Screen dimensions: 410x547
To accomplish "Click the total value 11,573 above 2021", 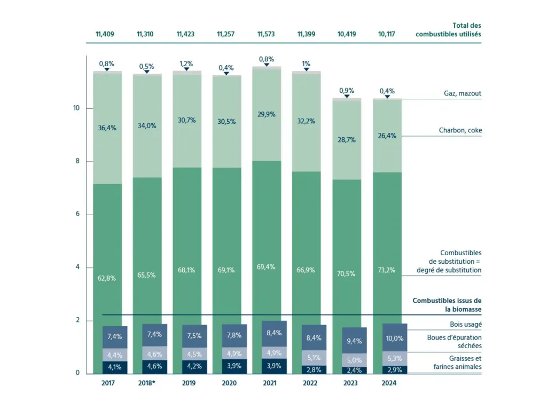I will [266, 34].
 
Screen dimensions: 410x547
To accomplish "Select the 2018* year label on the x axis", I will [146, 383].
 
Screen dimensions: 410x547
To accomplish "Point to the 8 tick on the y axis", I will [76, 161].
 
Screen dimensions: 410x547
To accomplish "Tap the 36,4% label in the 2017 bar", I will [107, 128].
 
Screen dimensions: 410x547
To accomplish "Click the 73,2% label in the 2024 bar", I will [386, 270].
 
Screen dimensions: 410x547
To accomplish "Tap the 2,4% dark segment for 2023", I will [347, 370].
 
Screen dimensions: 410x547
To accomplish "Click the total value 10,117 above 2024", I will [386, 34].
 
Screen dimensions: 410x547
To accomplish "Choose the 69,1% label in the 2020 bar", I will [226, 270].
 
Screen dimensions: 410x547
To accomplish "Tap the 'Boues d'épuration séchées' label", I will [454, 342].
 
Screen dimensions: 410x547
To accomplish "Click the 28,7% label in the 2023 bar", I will [347, 140].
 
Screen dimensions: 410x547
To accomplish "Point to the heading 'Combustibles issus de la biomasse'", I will [447, 305].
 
